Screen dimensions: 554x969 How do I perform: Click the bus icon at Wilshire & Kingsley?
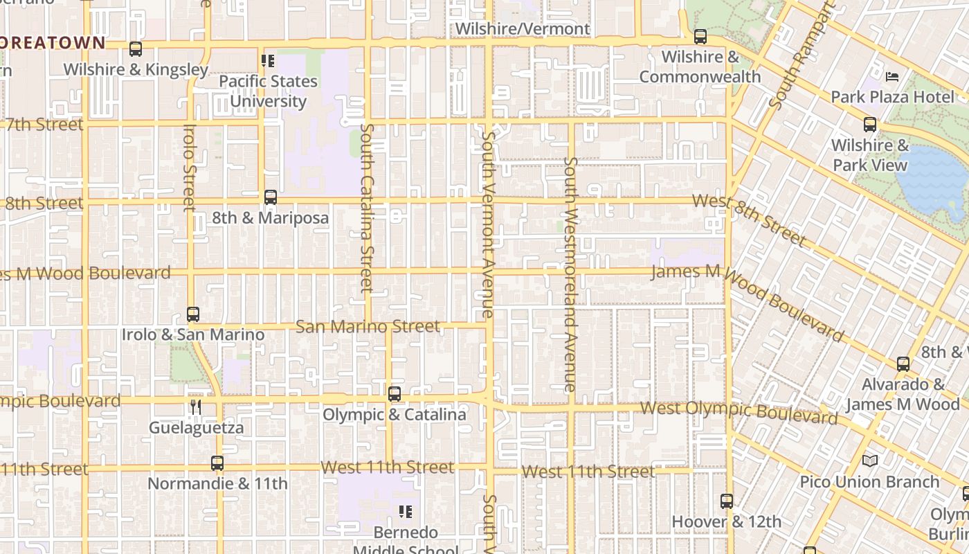pos(136,50)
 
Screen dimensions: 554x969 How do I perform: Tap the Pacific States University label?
pos(268,91)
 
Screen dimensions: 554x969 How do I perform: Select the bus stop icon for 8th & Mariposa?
pos(271,198)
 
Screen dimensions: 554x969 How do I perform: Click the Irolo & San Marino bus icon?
pos(193,314)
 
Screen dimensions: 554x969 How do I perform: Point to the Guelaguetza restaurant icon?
pos(197,407)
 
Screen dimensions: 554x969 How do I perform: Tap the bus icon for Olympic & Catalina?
pos(395,395)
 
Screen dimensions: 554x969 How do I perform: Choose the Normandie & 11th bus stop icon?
pos(217,463)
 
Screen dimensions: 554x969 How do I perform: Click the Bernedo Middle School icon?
pos(406,512)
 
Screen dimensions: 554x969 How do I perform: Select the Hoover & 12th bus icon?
pos(727,501)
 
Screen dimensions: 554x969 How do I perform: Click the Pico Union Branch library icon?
pos(870,461)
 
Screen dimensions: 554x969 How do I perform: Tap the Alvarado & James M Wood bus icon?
pos(903,364)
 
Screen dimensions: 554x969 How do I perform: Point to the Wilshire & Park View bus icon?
pos(870,125)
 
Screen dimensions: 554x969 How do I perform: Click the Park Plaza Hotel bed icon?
pos(893,77)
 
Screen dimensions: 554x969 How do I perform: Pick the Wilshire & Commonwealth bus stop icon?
pos(700,37)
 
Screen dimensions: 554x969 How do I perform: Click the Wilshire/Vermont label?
pos(523,29)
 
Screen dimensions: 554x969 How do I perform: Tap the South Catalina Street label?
pos(367,208)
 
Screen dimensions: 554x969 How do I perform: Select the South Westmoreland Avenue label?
pos(570,274)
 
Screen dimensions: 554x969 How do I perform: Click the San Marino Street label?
pos(368,326)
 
